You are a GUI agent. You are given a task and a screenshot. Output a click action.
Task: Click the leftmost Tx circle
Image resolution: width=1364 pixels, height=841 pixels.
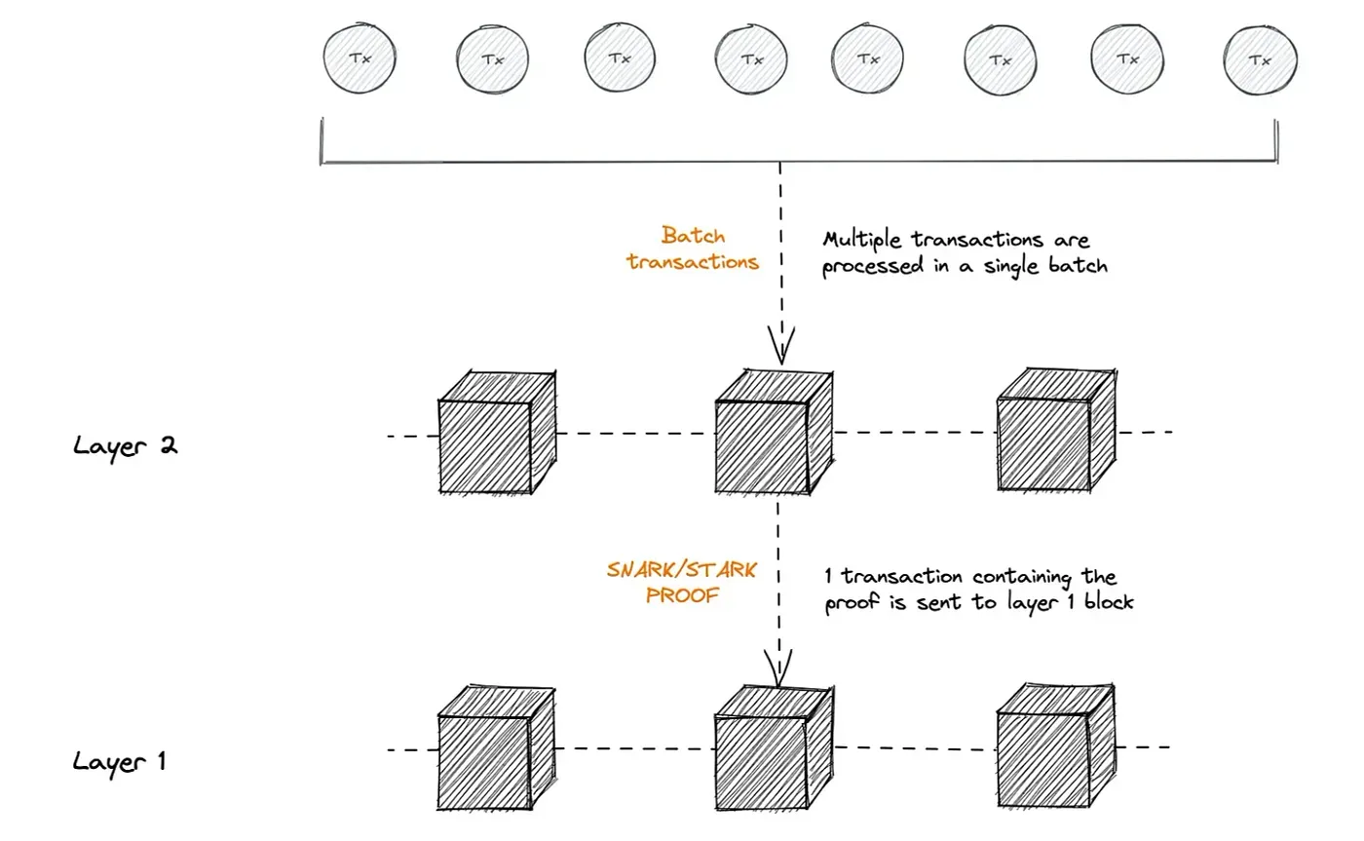pyautogui.click(x=360, y=58)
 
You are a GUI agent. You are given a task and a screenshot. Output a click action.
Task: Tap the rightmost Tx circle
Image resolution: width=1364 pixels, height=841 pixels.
pyautogui.click(x=1260, y=59)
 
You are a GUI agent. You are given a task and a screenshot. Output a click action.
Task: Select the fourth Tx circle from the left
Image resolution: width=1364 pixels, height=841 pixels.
pyautogui.click(x=751, y=59)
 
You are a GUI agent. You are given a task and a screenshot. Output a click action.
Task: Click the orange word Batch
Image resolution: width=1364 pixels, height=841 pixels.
pyautogui.click(x=693, y=235)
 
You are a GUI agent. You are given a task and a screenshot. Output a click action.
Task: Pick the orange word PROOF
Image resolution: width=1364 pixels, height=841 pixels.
pyautogui.click(x=682, y=595)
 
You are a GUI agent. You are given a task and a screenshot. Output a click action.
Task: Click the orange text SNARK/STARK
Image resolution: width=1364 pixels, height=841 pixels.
pyautogui.click(x=681, y=569)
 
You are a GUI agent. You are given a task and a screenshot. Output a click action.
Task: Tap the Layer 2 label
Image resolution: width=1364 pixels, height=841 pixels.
pyautogui.click(x=125, y=446)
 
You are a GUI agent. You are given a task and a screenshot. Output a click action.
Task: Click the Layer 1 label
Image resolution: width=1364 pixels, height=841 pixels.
pyautogui.click(x=119, y=762)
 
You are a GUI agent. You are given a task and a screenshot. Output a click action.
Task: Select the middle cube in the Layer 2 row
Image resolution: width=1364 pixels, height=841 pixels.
pyautogui.click(x=774, y=431)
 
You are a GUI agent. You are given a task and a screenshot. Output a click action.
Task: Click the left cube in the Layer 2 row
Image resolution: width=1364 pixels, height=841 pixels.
pyautogui.click(x=498, y=432)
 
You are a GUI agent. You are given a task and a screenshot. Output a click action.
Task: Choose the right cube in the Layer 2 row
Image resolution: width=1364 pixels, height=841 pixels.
pyautogui.click(x=1056, y=430)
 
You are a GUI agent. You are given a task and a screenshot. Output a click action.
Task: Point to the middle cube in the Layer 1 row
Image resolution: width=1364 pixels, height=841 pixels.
pyautogui.click(x=774, y=747)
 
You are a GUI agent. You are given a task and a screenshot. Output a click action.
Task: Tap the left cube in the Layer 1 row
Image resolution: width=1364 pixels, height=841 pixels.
pyautogui.click(x=497, y=748)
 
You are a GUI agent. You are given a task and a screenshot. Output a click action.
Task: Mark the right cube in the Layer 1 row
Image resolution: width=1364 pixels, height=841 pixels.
pyautogui.click(x=1056, y=745)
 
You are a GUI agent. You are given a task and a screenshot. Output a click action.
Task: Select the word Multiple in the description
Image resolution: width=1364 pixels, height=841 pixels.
pyautogui.click(x=861, y=240)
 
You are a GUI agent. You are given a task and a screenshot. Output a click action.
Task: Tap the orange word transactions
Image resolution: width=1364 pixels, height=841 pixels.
pyautogui.click(x=693, y=262)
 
